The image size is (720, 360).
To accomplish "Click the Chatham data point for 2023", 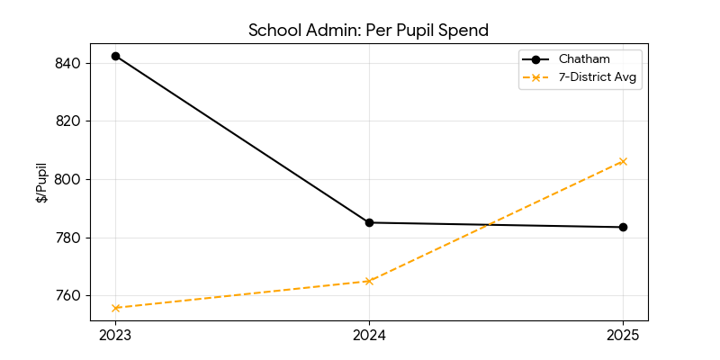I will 115,56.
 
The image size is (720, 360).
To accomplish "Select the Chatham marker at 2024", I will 369,222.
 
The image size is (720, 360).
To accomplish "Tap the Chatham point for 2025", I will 623,227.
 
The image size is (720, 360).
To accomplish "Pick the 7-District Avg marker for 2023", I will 115,308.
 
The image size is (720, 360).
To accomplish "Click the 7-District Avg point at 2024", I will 369,281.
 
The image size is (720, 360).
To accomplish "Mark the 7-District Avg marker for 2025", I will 623,161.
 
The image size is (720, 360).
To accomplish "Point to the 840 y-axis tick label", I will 69,63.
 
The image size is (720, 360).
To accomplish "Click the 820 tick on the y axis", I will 69,121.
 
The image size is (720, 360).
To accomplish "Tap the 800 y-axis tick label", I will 69,179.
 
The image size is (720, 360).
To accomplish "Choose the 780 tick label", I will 69,238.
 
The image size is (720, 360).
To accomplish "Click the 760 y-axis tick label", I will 69,295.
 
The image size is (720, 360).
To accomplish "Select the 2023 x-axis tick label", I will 115,336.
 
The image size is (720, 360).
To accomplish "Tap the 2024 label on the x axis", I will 369,336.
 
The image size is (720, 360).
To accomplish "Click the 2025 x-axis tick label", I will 623,336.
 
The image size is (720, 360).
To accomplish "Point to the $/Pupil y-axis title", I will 42,183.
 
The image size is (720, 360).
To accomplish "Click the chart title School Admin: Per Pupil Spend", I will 368,30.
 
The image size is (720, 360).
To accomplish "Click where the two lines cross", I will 490,224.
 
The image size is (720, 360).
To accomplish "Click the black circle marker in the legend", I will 536,59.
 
